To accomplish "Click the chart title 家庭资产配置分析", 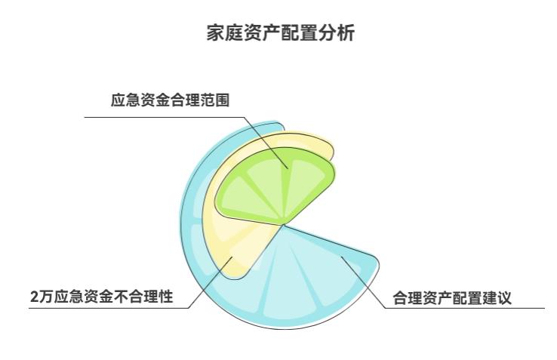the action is (x=278, y=33).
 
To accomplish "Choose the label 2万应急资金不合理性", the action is (x=101, y=297).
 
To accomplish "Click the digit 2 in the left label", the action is (x=34, y=297).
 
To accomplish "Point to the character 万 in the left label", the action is (x=45, y=297).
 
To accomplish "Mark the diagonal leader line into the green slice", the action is (x=268, y=142).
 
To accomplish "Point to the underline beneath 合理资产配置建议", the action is (x=468, y=308).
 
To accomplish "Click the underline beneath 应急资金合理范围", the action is (x=166, y=117).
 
